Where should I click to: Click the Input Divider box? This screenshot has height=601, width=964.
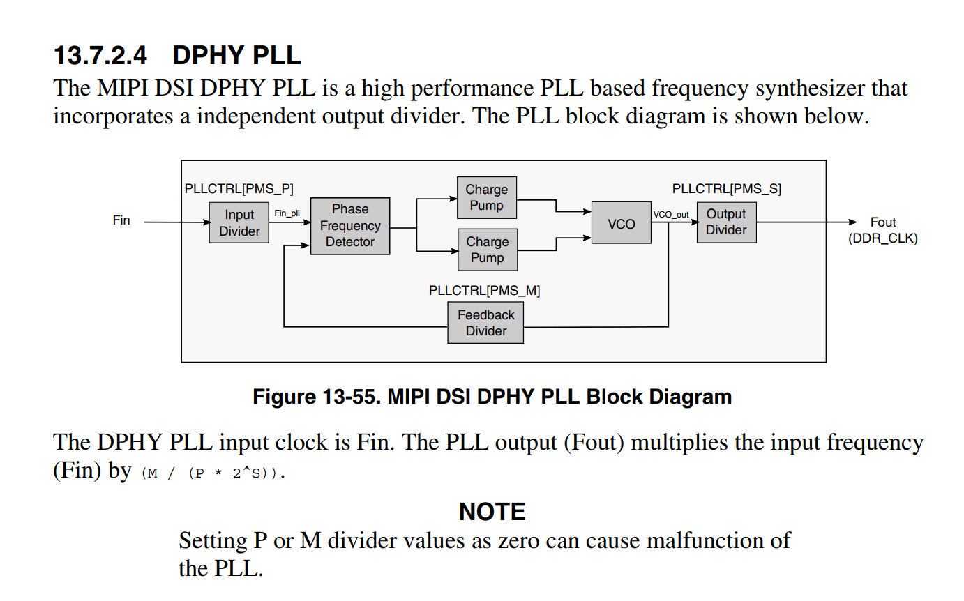click(x=239, y=222)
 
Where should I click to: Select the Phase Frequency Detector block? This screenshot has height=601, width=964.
click(x=350, y=226)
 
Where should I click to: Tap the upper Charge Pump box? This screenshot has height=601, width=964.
click(x=487, y=197)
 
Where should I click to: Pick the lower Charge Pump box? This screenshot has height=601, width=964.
click(x=487, y=250)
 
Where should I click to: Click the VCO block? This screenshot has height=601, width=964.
click(x=621, y=223)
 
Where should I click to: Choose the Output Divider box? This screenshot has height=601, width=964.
click(x=726, y=222)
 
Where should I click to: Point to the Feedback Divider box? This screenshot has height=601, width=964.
click(x=485, y=323)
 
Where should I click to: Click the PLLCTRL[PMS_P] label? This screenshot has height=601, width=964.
click(x=239, y=189)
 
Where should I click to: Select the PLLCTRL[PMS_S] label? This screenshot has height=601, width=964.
click(x=726, y=189)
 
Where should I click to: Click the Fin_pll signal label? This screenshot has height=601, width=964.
click(x=287, y=213)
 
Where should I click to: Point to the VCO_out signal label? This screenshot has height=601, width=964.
click(x=671, y=214)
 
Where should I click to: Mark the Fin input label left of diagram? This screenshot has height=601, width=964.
click(x=121, y=220)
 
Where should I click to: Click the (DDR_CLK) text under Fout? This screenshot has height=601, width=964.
click(x=882, y=238)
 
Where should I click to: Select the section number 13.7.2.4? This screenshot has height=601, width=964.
click(x=100, y=55)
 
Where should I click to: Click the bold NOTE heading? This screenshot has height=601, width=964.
click(x=492, y=512)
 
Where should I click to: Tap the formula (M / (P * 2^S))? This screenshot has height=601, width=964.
click(x=213, y=473)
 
